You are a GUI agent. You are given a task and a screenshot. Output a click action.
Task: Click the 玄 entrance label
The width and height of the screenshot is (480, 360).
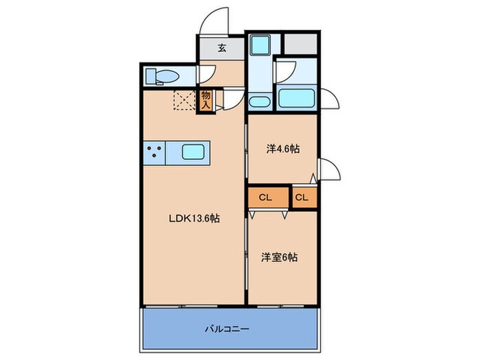pos(222,48)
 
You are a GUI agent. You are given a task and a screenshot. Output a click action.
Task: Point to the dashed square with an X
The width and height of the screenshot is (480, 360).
pos(184,100)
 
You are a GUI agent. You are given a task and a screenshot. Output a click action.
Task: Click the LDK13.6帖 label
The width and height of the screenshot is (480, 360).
pos(194,219)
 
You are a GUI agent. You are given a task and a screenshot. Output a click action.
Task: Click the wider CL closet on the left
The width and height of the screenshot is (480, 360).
pos(266,197)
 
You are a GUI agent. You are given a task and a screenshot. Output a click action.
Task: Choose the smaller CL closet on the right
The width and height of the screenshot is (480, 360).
pos(302,197)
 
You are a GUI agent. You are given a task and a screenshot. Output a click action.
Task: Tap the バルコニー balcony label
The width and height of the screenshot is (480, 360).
pos(227,328)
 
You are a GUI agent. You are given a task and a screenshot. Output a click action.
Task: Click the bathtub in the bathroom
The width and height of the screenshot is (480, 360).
pos(297,99)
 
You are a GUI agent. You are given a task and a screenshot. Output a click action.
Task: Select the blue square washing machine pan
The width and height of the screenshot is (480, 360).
pos(261,45)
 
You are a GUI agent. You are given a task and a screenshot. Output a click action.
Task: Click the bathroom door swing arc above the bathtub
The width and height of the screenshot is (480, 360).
pos(287,71)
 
